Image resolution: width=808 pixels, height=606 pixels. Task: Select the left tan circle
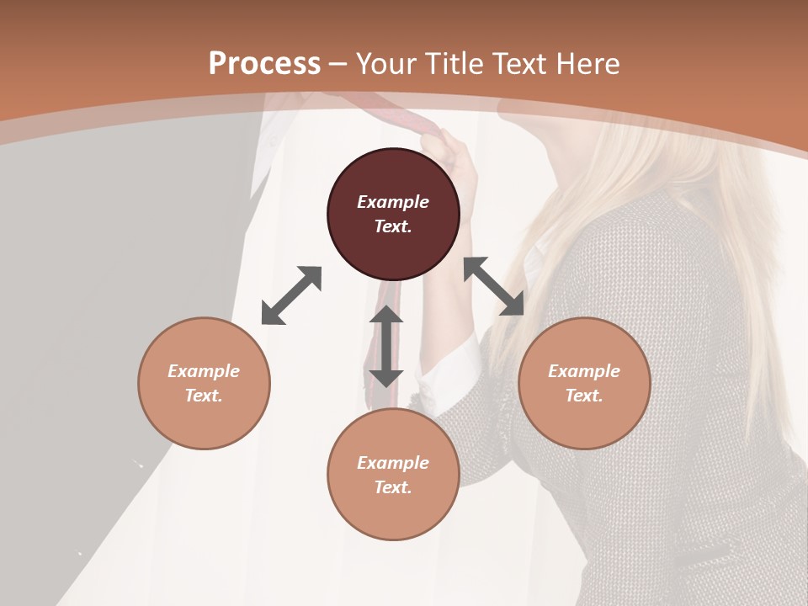click(204, 383)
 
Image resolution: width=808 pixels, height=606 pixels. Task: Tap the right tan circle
click(584, 383)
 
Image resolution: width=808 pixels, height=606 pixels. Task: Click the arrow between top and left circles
click(291, 295)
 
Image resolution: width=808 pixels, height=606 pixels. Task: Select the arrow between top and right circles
click(494, 286)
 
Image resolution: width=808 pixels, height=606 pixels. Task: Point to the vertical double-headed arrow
click(386, 346)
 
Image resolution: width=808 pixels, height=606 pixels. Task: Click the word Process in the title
click(264, 63)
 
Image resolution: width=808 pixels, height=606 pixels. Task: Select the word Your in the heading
click(386, 63)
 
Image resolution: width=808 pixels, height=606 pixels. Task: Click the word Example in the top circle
click(393, 202)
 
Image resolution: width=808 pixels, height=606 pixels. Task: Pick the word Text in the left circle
click(204, 396)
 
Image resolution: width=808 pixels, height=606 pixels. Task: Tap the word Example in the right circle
click(584, 371)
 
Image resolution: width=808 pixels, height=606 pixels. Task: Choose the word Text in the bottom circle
click(393, 487)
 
